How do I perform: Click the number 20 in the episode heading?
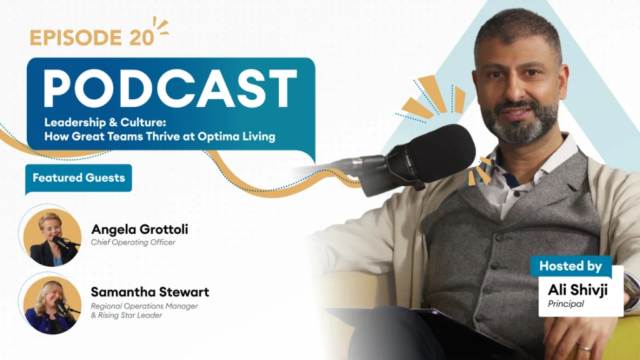click(x=141, y=37)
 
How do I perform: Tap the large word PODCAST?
click(x=170, y=89)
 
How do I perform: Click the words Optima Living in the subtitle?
click(x=236, y=136)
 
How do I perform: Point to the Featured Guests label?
click(x=79, y=177)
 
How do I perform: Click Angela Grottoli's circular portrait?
click(x=52, y=237)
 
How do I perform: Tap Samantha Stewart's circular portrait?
click(x=52, y=305)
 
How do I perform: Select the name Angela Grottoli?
click(x=139, y=229)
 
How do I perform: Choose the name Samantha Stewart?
click(x=150, y=292)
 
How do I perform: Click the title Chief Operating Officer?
click(x=133, y=242)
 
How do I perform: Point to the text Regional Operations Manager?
click(x=144, y=306)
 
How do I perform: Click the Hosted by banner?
click(x=571, y=266)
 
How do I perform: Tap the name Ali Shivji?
click(x=577, y=290)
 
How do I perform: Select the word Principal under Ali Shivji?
click(x=566, y=304)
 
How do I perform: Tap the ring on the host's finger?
click(x=584, y=348)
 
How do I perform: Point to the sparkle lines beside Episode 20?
click(x=161, y=25)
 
